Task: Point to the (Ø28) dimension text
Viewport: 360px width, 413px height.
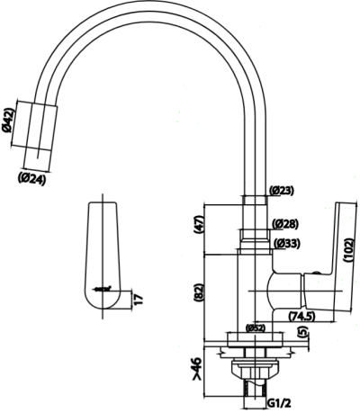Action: [286, 223]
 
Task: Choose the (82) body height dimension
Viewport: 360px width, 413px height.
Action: [200, 292]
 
